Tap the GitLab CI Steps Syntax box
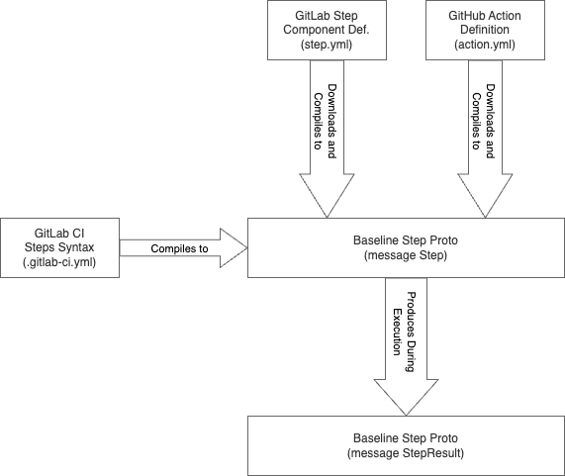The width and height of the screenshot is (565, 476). click(x=59, y=247)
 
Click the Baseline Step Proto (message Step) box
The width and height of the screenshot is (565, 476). click(x=406, y=247)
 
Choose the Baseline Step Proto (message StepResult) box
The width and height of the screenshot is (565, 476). click(x=406, y=445)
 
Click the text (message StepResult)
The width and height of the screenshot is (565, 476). click(x=406, y=453)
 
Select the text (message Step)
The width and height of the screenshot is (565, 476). click(x=406, y=255)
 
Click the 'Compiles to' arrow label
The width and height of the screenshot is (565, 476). click(x=179, y=248)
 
